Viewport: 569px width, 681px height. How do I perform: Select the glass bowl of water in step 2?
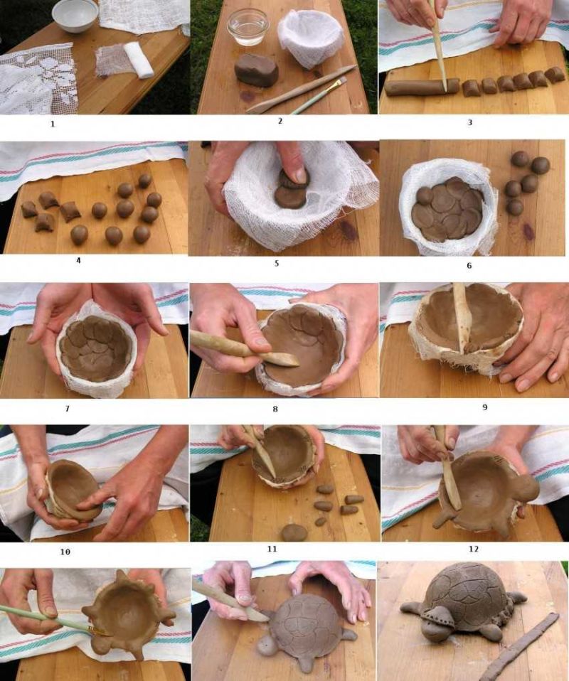[x=248, y=27]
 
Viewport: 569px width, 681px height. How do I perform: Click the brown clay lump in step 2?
[x=257, y=70]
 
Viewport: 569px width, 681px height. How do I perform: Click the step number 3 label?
[x=469, y=122]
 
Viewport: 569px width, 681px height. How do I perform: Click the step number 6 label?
[x=469, y=265]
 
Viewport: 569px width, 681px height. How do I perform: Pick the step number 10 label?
[x=65, y=552]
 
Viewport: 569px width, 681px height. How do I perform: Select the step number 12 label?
[x=474, y=549]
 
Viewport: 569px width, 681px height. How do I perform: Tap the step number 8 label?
[x=275, y=409]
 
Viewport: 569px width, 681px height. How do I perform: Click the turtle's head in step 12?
[x=525, y=488]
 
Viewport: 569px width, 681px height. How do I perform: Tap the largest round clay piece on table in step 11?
[x=294, y=532]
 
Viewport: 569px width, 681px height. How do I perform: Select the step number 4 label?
[x=78, y=261]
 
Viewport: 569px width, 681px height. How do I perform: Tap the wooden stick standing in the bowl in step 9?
[x=461, y=317]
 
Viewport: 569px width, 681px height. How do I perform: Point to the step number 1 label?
[x=53, y=124]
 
